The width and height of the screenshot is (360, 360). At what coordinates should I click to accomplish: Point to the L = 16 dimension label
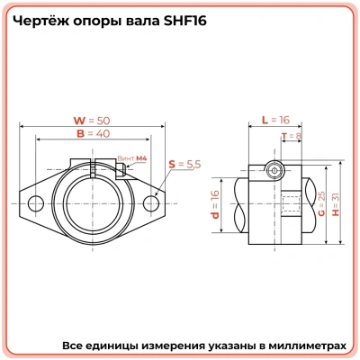[274, 120]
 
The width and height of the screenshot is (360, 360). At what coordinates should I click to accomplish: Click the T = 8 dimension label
[292, 137]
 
